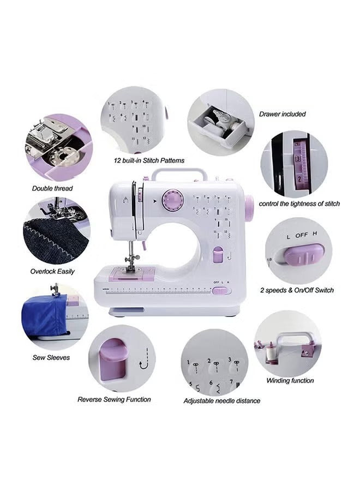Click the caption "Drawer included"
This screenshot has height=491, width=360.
click(x=282, y=114)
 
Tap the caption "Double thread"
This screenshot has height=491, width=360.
click(x=52, y=188)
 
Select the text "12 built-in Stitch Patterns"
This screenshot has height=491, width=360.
click(x=149, y=160)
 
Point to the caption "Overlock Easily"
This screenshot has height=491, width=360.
click(x=52, y=271)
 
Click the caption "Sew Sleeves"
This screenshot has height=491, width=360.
click(x=51, y=357)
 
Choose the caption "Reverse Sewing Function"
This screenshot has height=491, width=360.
click(x=114, y=399)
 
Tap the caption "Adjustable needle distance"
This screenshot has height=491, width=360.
click(x=221, y=400)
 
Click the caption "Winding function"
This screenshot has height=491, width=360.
click(x=290, y=380)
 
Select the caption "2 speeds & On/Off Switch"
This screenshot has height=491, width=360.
click(x=297, y=290)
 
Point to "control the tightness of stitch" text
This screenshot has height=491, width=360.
click(x=299, y=203)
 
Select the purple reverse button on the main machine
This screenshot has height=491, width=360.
click(x=218, y=254)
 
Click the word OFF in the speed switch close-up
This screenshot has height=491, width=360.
click(x=302, y=235)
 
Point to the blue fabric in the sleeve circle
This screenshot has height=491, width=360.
click(x=45, y=314)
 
